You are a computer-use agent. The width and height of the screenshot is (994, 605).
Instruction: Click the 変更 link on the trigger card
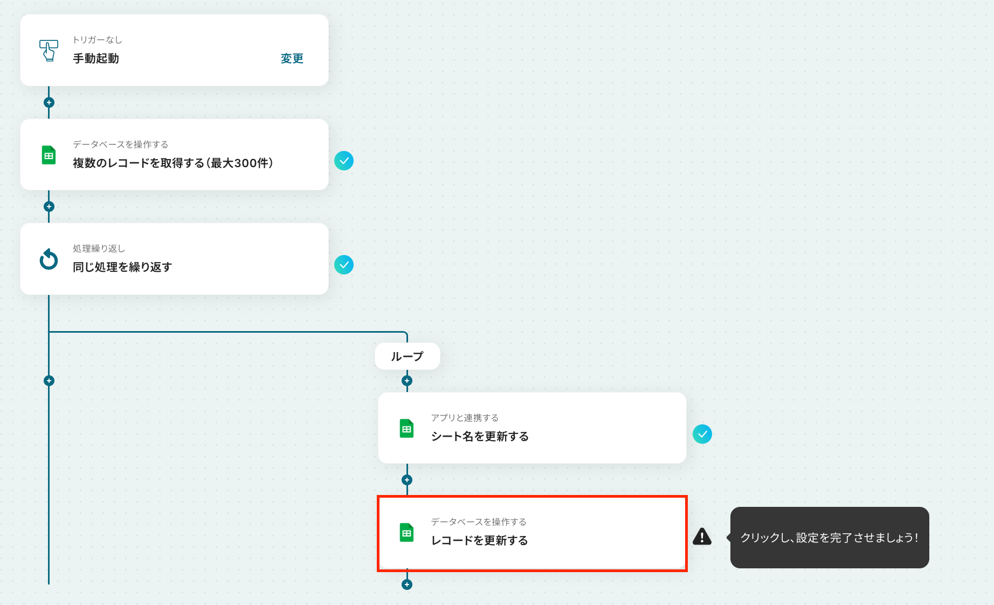pyautogui.click(x=292, y=58)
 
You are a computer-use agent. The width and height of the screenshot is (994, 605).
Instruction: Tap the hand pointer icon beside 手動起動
pyautogui.click(x=49, y=51)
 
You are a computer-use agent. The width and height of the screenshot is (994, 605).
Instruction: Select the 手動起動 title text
pyautogui.click(x=96, y=58)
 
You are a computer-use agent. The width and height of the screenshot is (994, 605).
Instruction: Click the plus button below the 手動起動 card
pyautogui.click(x=49, y=102)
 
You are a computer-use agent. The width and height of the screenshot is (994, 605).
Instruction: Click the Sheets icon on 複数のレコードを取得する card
pyautogui.click(x=49, y=155)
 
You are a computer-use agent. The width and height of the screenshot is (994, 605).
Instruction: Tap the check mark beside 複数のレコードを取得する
pyautogui.click(x=344, y=161)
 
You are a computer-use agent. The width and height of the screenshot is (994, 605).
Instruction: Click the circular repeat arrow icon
pyautogui.click(x=49, y=259)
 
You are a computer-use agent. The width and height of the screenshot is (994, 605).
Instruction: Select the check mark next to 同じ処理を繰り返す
pyautogui.click(x=344, y=265)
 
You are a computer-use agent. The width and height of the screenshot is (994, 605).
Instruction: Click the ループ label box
pyautogui.click(x=408, y=356)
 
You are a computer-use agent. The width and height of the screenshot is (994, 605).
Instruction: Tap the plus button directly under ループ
pyautogui.click(x=407, y=381)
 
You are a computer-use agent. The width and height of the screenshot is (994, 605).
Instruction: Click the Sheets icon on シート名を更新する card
pyautogui.click(x=407, y=429)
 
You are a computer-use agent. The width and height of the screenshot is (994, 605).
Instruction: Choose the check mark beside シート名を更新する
pyautogui.click(x=702, y=434)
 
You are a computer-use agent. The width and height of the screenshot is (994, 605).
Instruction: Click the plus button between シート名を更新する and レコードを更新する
pyautogui.click(x=407, y=480)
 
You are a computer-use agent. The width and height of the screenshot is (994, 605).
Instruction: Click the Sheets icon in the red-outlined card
pyautogui.click(x=407, y=533)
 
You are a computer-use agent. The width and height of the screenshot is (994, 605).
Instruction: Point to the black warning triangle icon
pyautogui.click(x=702, y=537)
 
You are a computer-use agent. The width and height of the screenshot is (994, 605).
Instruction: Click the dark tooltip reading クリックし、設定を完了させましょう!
pyautogui.click(x=830, y=538)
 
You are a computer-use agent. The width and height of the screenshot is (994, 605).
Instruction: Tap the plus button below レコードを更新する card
pyautogui.click(x=407, y=585)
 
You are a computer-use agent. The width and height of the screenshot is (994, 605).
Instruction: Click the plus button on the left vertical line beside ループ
pyautogui.click(x=49, y=381)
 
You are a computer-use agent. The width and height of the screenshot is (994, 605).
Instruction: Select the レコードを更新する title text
pyautogui.click(x=479, y=540)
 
